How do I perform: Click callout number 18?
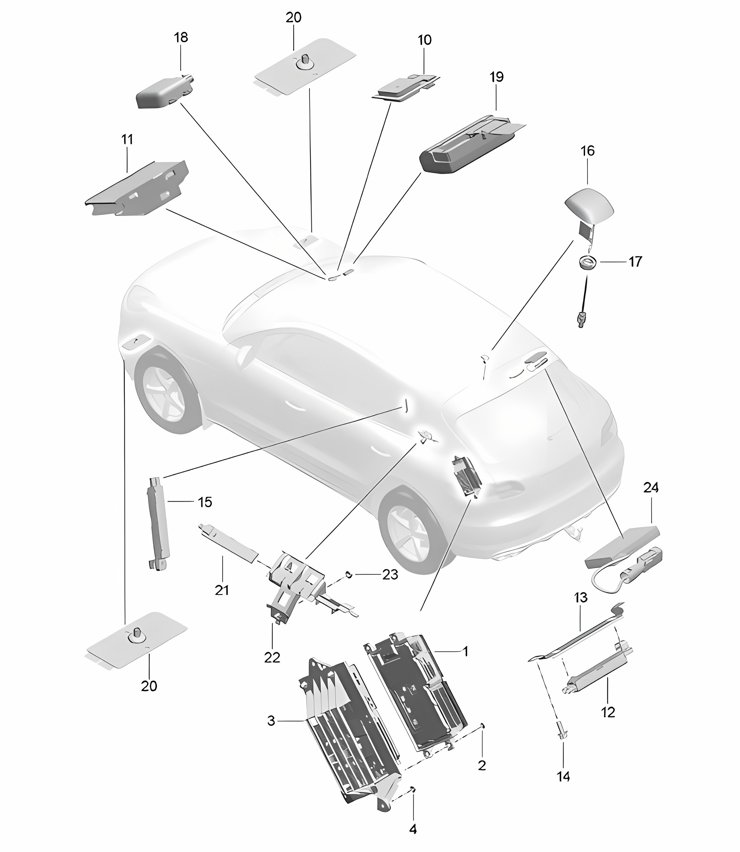[181, 38]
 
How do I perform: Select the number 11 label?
[127, 139]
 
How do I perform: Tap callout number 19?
[497, 77]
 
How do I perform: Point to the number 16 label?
[587, 151]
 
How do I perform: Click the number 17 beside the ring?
[635, 261]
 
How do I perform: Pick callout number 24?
[651, 488]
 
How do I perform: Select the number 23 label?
[390, 575]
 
